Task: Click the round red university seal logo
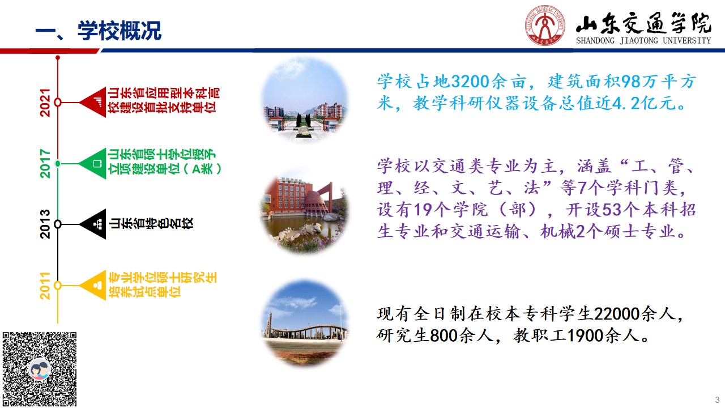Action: click(545, 25)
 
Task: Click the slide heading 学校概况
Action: click(120, 31)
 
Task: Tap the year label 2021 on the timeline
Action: click(45, 103)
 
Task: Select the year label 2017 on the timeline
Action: click(45, 164)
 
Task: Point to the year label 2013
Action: click(45, 224)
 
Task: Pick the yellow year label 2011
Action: click(45, 286)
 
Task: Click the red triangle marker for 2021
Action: click(93, 102)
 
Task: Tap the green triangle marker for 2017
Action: click(92, 164)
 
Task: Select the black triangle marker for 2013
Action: click(93, 224)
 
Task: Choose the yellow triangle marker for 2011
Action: click(93, 285)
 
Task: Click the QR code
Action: click(40, 369)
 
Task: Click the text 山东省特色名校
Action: click(151, 223)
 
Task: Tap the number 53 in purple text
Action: click(612, 210)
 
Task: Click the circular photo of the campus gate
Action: click(305, 100)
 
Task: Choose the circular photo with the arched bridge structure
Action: click(305, 322)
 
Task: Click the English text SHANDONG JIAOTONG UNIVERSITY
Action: click(643, 41)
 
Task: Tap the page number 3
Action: click(717, 399)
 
